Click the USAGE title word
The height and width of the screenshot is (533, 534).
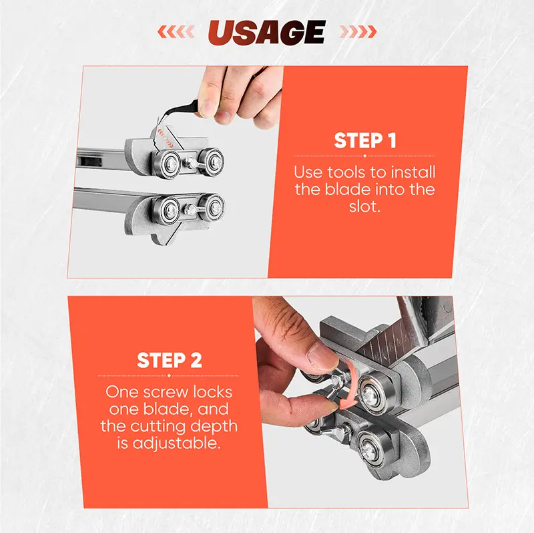point(266,32)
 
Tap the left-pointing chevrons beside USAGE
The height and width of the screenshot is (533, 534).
point(176,31)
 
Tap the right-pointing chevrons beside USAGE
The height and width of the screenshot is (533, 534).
point(358,31)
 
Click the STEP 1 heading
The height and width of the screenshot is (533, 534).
point(365,140)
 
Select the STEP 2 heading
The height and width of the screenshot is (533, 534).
point(170,360)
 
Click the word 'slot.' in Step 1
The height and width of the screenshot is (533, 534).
point(364,206)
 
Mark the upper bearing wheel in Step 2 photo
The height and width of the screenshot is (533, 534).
point(373,393)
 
